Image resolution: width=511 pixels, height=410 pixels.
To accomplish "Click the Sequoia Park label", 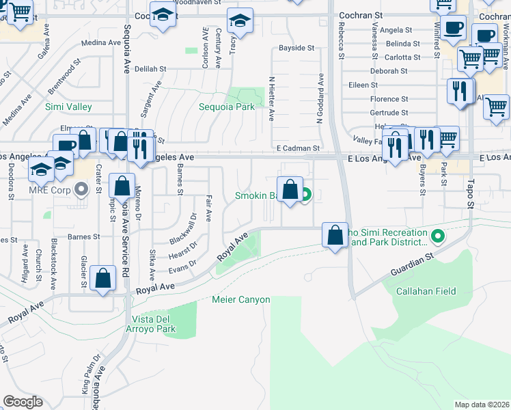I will pyautogui.click(x=226, y=107).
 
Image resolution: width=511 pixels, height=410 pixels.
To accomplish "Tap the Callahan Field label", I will pyautogui.click(x=426, y=291).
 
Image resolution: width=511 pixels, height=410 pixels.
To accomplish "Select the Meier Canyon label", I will pyautogui.click(x=241, y=300).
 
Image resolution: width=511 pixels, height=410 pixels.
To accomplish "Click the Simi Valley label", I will pyautogui.click(x=68, y=107).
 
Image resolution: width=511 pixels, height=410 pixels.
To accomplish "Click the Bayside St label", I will pyautogui.click(x=296, y=49).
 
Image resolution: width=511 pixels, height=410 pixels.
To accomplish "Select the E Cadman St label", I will pyautogui.click(x=298, y=148).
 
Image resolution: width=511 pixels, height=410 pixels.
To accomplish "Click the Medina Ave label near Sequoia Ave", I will pyautogui.click(x=100, y=42).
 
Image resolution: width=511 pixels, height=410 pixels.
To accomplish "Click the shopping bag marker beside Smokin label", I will pyautogui.click(x=290, y=191).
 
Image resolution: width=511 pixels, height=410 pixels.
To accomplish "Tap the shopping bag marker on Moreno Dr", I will pyautogui.click(x=122, y=187).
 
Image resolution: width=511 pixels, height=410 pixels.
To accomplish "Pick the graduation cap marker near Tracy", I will pyautogui.click(x=240, y=22).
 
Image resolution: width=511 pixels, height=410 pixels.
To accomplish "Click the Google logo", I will pyautogui.click(x=23, y=402).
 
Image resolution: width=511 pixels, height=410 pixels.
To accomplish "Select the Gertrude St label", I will pyautogui.click(x=389, y=113).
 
